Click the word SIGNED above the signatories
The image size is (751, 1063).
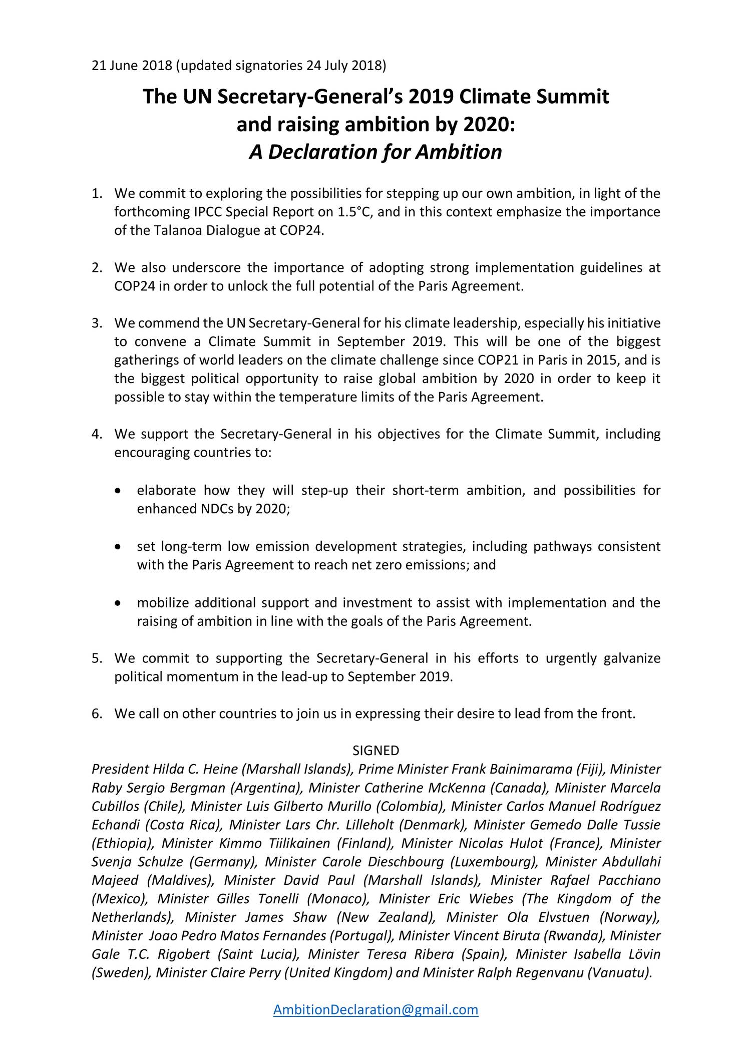(x=375, y=750)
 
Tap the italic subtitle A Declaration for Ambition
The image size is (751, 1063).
(x=375, y=152)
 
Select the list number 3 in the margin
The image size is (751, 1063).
(x=96, y=323)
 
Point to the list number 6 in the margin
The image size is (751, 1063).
(x=96, y=714)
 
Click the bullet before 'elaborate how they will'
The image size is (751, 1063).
(x=117, y=491)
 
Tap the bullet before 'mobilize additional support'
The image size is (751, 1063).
(x=117, y=603)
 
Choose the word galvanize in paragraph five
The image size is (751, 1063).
(x=632, y=658)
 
